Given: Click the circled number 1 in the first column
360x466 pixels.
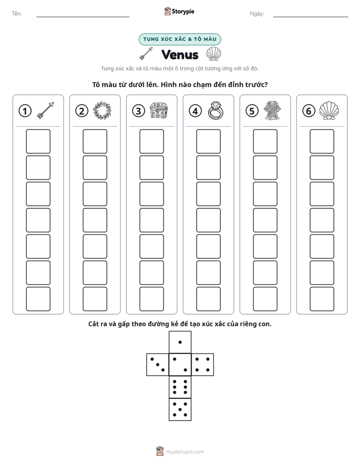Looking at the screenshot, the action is coord(25,111).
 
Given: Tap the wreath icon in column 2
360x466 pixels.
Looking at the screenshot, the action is coord(102,111).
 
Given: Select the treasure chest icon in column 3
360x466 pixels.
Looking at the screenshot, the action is coord(159,110).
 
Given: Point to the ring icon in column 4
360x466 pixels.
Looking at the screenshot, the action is coord(216,111).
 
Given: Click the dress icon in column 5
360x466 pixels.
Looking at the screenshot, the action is coord(273,110).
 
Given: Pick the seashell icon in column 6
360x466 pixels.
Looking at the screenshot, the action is coord(329,110).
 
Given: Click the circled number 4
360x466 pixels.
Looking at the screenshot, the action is coord(195,111).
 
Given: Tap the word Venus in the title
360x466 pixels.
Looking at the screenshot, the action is coord(179,54).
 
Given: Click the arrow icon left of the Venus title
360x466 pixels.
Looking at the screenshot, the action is coord(146,53).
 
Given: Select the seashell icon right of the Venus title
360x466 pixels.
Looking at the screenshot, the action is coord(214,54).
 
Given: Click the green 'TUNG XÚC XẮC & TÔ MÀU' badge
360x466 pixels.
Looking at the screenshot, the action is coord(179,39).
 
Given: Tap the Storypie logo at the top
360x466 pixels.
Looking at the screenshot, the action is coord(179,11).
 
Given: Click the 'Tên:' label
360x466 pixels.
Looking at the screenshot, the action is coord(17,14).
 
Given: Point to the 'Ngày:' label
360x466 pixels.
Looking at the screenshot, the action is coord(257,14).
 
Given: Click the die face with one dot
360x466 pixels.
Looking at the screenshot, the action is coord(180,342).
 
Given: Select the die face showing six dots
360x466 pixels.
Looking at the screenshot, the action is coord(180,387).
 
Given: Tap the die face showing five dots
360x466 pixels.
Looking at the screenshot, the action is coord(180,410).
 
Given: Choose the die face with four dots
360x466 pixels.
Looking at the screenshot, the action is coord(203,365).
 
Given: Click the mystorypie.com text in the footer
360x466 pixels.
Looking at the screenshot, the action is coord(185,452).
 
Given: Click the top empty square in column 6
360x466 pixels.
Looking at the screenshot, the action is coord(322,141).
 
